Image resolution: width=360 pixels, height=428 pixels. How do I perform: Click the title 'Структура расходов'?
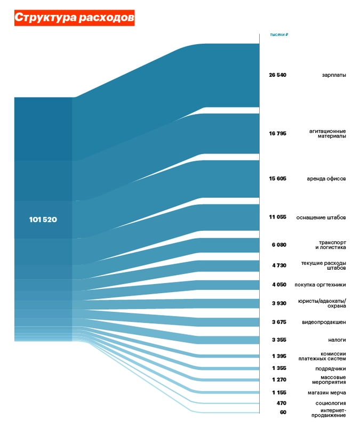click(x=74, y=18)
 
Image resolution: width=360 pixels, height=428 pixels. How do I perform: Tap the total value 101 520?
click(x=43, y=220)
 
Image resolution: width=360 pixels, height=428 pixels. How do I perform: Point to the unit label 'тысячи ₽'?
click(x=279, y=35)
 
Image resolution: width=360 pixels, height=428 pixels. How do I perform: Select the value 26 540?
click(x=278, y=75)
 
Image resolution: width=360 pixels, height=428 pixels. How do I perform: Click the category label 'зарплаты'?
click(x=334, y=75)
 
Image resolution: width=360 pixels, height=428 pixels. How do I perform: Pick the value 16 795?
click(x=278, y=133)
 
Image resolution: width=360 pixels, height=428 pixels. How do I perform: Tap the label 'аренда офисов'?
click(x=326, y=179)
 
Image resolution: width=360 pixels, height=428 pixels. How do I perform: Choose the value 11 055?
click(x=278, y=217)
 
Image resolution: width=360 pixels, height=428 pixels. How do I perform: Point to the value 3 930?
click(x=279, y=303)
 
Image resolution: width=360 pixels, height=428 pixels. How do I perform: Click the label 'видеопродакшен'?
click(x=324, y=322)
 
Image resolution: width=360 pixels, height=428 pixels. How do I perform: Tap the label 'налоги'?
click(x=337, y=340)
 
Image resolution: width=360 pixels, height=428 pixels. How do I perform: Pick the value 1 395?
click(x=279, y=356)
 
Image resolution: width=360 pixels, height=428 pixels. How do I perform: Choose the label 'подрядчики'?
click(x=331, y=369)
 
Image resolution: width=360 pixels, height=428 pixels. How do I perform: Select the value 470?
click(x=281, y=403)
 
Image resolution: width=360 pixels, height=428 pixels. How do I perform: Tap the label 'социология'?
click(x=331, y=403)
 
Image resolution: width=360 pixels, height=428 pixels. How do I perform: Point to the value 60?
click(x=283, y=413)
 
